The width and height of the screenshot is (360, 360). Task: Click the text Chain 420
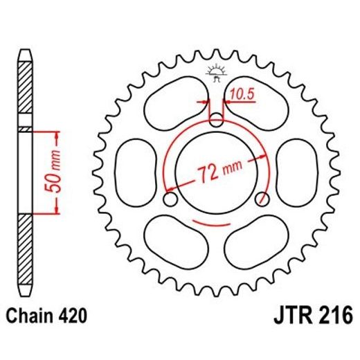(x=46, y=316)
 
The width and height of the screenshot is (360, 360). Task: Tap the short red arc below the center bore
(x=217, y=223)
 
